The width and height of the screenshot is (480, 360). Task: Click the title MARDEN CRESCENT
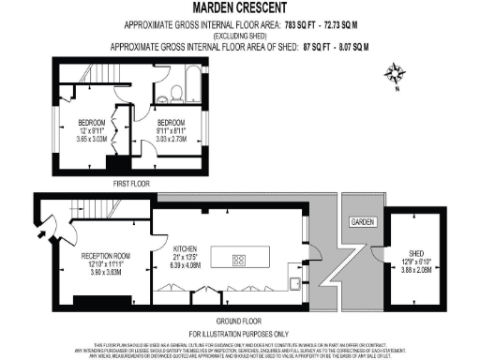tap(239, 7)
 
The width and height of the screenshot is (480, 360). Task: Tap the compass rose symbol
tap(396, 72)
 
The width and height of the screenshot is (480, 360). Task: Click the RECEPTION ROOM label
tap(104, 254)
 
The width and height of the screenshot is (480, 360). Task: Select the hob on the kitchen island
tap(239, 260)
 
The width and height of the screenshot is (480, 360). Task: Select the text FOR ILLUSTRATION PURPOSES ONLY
tap(239, 333)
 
